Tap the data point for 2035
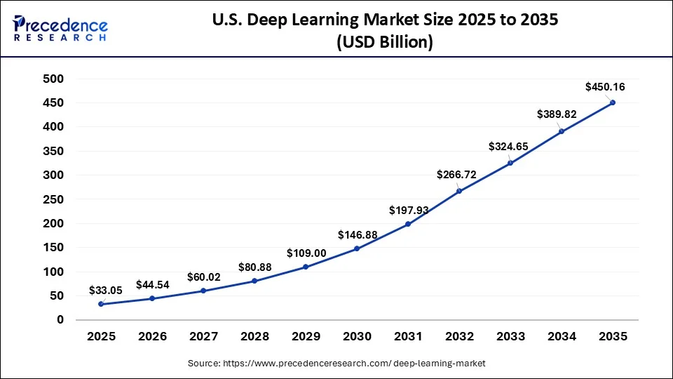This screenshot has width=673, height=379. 613,102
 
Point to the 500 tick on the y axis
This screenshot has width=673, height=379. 54,79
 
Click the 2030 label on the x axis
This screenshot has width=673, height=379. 357,337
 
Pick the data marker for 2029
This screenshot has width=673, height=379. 306,267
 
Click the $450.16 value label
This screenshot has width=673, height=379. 605,88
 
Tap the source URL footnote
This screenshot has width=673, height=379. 336,363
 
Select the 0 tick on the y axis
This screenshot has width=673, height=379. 60,320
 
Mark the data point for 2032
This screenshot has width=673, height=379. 459,191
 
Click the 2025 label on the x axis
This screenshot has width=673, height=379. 101,337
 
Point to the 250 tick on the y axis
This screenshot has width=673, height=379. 54,200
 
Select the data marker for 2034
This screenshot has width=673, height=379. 562,131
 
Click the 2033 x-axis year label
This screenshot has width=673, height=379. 510,337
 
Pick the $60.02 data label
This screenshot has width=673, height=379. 203,277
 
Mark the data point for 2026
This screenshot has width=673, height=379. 152,298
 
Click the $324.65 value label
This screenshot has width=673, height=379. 509,147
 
